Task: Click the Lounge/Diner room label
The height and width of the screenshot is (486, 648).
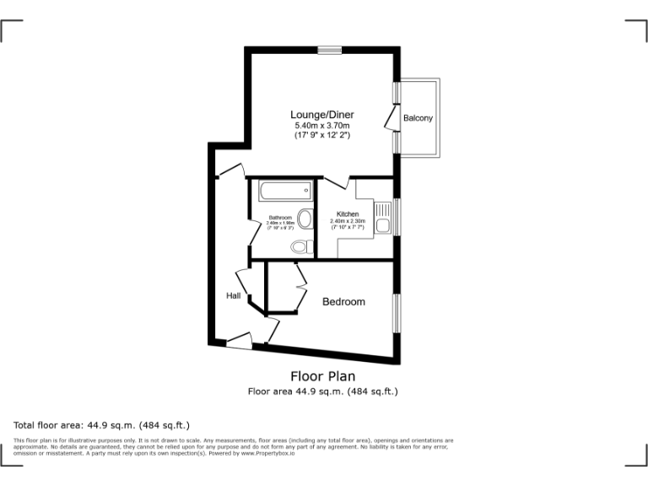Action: pyautogui.click(x=321, y=115)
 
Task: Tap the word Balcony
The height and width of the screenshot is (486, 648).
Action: pyautogui.click(x=418, y=118)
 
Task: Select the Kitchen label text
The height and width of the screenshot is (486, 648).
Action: pyautogui.click(x=348, y=214)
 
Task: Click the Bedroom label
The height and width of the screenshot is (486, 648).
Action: pyautogui.click(x=343, y=301)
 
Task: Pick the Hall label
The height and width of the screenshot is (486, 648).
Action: pyautogui.click(x=233, y=295)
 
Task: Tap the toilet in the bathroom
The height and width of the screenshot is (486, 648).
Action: pyautogui.click(x=299, y=246)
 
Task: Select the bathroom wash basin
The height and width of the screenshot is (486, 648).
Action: pyautogui.click(x=304, y=218)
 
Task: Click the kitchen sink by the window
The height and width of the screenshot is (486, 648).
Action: pyautogui.click(x=383, y=224)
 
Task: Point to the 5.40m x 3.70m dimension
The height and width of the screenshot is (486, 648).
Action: pyautogui.click(x=321, y=126)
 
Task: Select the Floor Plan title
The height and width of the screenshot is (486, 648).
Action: pyautogui.click(x=322, y=376)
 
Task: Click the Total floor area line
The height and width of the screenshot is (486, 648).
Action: pyautogui.click(x=102, y=425)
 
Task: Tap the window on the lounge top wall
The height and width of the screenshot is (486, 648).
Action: pyautogui.click(x=329, y=50)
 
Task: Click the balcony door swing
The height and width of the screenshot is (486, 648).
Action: pyautogui.click(x=391, y=119)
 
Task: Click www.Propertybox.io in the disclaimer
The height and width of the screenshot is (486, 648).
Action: pyautogui.click(x=270, y=453)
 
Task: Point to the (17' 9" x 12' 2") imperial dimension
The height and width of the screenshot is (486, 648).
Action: pyautogui.click(x=321, y=135)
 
